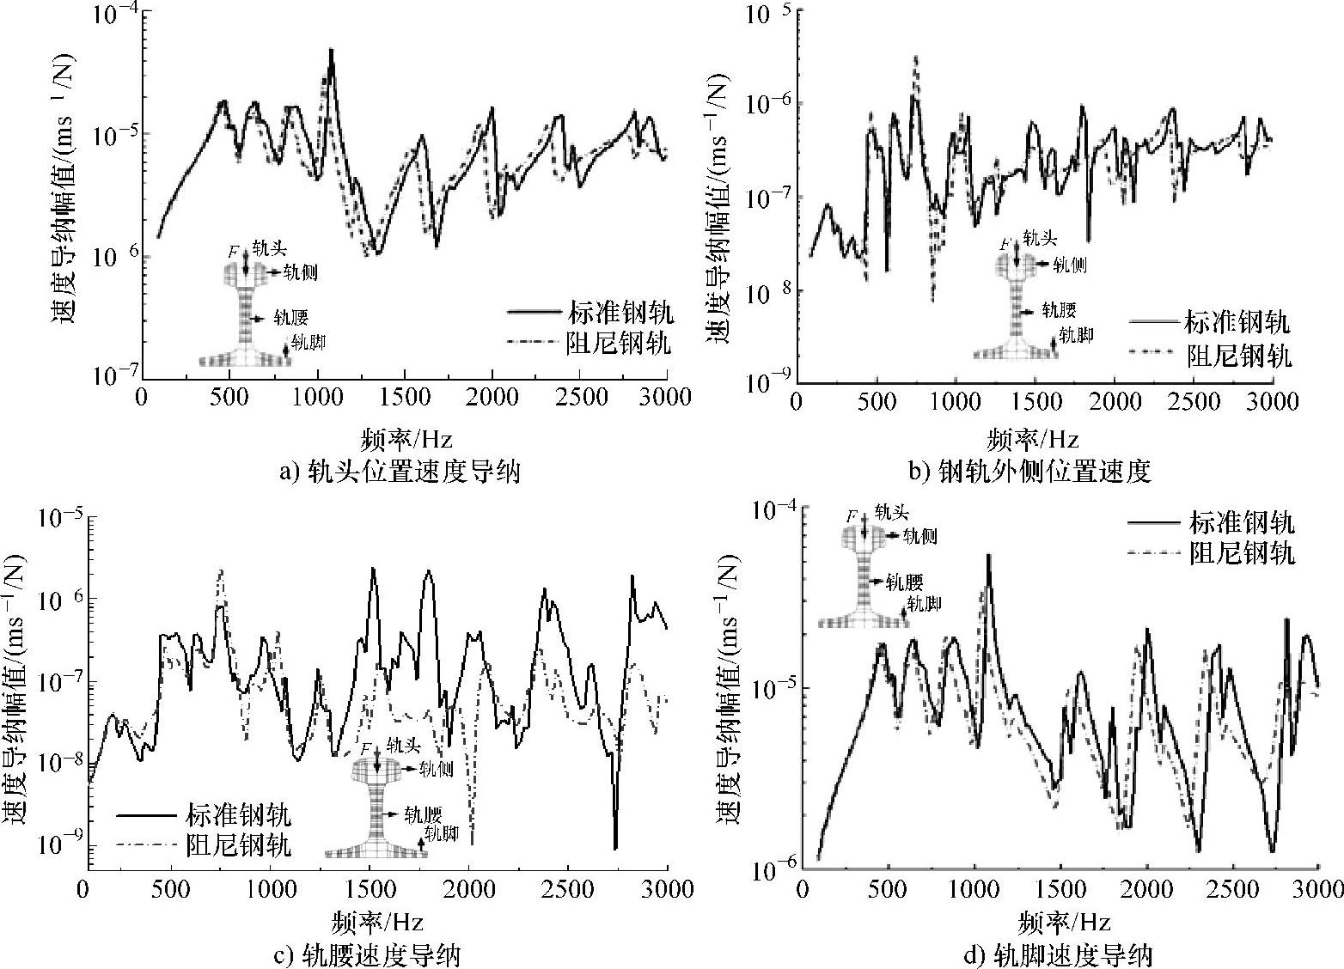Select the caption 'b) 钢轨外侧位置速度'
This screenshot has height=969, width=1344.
(1030, 472)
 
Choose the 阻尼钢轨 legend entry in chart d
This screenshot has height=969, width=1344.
(1241, 553)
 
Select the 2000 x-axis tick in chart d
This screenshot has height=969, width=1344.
(1147, 889)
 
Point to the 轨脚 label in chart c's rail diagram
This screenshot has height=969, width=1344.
(441, 833)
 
